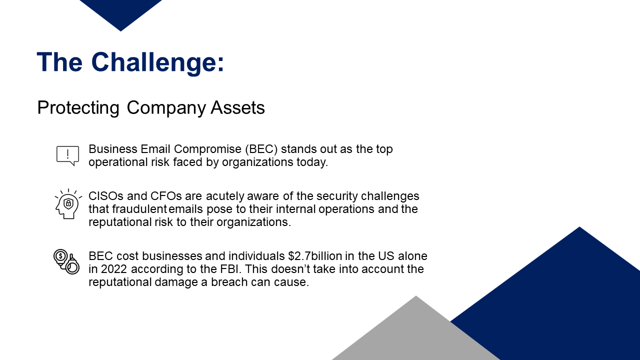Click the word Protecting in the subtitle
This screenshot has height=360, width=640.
point(78,108)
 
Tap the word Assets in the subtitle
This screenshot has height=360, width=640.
point(237,107)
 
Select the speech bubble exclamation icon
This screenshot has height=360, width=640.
point(67,155)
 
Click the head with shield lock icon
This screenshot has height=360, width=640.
point(68,204)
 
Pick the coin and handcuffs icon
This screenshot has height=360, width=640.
point(66,262)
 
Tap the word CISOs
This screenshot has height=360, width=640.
point(106,196)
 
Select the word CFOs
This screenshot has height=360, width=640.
point(166,196)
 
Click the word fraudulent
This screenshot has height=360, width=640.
point(139,209)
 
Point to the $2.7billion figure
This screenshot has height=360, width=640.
point(315,256)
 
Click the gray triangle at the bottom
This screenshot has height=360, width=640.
point(416,334)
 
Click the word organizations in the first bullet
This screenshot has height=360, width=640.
point(257,162)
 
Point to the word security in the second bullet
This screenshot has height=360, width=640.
point(337,196)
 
